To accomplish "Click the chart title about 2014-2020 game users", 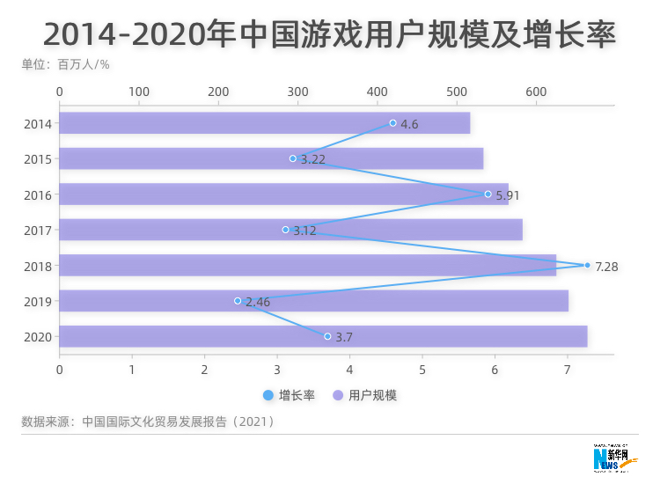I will [x=329, y=34].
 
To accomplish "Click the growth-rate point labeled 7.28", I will [x=587, y=265].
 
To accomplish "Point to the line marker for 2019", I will [x=238, y=301].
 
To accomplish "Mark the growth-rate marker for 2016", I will [x=488, y=194].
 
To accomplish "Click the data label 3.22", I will [x=313, y=159].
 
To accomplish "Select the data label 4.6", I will [x=409, y=124].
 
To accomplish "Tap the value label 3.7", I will [x=344, y=337].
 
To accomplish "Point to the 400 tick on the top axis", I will [x=377, y=92].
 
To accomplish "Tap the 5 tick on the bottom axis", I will [x=422, y=370].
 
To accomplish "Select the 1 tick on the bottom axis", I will [x=132, y=370].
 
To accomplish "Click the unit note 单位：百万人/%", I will [x=65, y=64].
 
